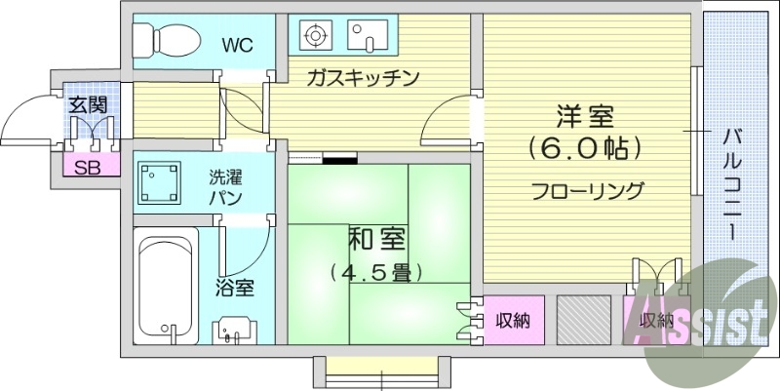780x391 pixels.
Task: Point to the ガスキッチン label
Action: point(362,78)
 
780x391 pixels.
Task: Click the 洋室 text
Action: point(585,116)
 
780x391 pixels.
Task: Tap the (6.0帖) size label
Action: point(585,149)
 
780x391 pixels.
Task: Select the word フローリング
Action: point(586,190)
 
